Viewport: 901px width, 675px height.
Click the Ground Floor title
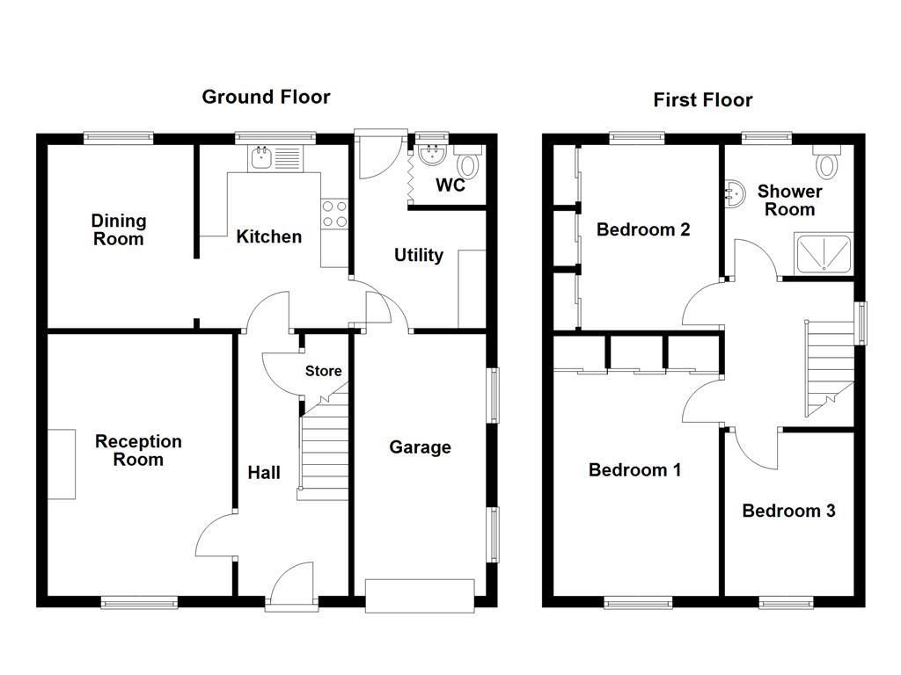point(266,97)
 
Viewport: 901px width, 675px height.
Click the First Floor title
point(702,100)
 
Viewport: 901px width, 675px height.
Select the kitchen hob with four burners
point(334,214)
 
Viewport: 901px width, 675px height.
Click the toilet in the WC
point(468,163)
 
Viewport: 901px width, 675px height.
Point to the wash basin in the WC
point(431,156)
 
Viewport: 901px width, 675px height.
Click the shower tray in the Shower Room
point(824,254)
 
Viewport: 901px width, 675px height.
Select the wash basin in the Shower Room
point(733,191)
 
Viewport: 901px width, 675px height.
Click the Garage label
point(420,447)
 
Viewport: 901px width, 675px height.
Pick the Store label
point(323,372)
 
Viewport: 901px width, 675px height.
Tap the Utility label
point(418,255)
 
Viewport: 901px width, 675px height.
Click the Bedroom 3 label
point(788,511)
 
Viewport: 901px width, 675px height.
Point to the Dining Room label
point(119,229)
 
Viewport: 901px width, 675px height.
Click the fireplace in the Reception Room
point(61,464)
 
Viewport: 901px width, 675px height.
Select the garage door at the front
point(420,595)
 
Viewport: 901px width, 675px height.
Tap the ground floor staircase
point(324,448)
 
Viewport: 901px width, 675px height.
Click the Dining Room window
point(119,136)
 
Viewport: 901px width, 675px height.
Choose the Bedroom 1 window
point(638,602)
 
